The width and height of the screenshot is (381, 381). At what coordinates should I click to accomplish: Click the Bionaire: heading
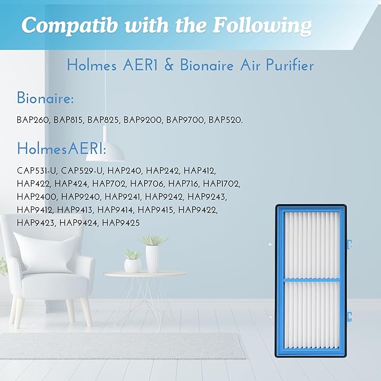pos(45,99)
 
